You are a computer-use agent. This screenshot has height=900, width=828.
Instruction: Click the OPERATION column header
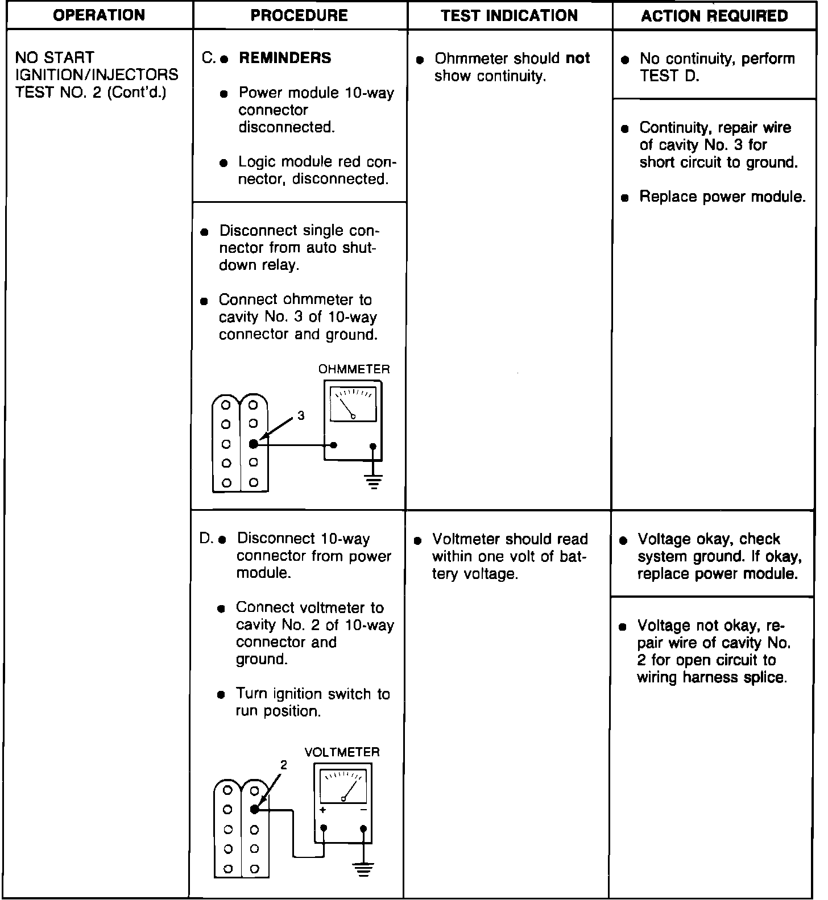[98, 15]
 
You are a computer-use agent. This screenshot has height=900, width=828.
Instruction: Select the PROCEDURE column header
[299, 15]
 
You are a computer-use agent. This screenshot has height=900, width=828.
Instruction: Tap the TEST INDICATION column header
[509, 15]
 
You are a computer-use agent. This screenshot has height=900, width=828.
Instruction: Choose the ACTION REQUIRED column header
[714, 15]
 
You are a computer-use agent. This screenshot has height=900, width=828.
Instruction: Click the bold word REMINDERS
[285, 58]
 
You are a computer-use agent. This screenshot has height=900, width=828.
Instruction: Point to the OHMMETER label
[354, 369]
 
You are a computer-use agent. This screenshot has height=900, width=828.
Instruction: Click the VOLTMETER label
[342, 752]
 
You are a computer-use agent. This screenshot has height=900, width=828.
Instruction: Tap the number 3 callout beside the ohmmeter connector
[301, 416]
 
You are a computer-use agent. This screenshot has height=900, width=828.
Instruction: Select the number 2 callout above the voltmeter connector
[283, 765]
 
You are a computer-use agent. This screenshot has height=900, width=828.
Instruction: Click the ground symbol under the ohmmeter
[373, 483]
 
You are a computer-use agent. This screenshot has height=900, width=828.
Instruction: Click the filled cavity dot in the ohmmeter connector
[254, 444]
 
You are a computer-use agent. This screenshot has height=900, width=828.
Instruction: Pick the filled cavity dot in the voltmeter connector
[255, 810]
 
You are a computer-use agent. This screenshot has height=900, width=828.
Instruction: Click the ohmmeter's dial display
[353, 404]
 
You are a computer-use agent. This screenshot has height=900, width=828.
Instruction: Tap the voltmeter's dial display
[343, 786]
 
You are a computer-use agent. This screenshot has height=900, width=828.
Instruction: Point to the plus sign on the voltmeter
[323, 810]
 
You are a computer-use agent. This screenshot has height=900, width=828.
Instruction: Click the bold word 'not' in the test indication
[578, 59]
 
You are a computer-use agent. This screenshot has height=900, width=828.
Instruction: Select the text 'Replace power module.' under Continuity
[722, 197]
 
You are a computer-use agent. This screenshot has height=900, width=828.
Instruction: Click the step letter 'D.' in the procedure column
[206, 539]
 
